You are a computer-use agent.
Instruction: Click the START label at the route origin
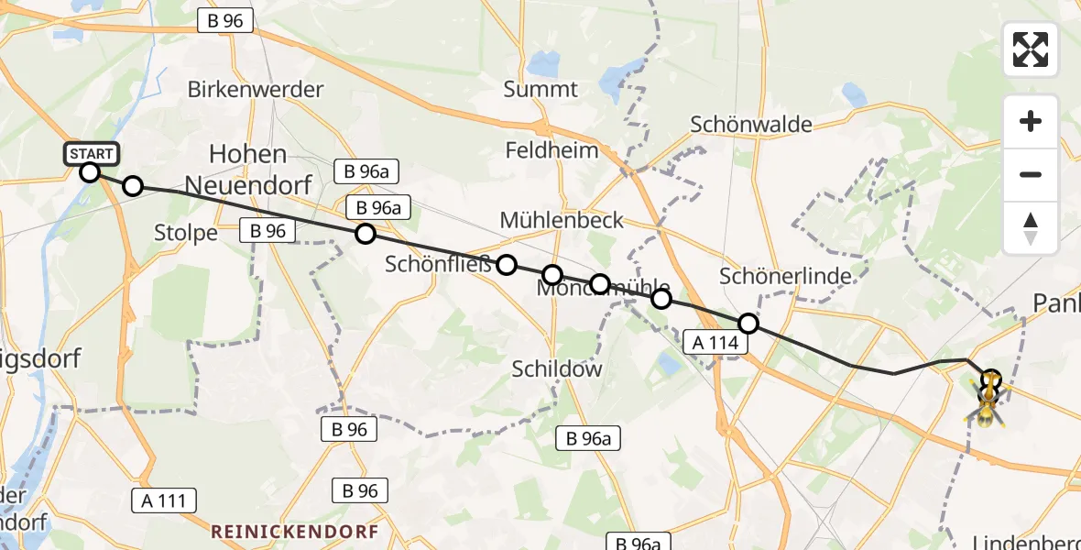[x=91, y=153]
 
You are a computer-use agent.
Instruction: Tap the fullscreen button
[x=1031, y=49]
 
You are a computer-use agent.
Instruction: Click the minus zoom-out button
[x=1031, y=174]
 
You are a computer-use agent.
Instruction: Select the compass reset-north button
[x=1031, y=228]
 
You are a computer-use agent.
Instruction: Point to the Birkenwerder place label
[x=256, y=90]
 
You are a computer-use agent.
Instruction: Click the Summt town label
[x=540, y=90]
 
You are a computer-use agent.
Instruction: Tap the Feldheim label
[x=551, y=150]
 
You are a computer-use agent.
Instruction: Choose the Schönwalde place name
[x=751, y=125]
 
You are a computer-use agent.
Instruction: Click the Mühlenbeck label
[x=562, y=220]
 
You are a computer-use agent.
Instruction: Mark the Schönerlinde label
[x=785, y=275]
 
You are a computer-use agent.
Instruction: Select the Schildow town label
[x=557, y=368]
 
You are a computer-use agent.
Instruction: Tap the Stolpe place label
[x=187, y=233]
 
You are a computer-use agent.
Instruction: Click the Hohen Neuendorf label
[x=248, y=170]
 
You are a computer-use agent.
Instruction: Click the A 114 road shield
[x=716, y=342]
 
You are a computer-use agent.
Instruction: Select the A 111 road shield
[x=163, y=500]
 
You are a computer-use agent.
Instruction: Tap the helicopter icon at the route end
[x=988, y=401]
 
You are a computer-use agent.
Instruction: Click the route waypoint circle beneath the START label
[x=90, y=171]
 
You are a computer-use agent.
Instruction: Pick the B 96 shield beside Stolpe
[x=268, y=231]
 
